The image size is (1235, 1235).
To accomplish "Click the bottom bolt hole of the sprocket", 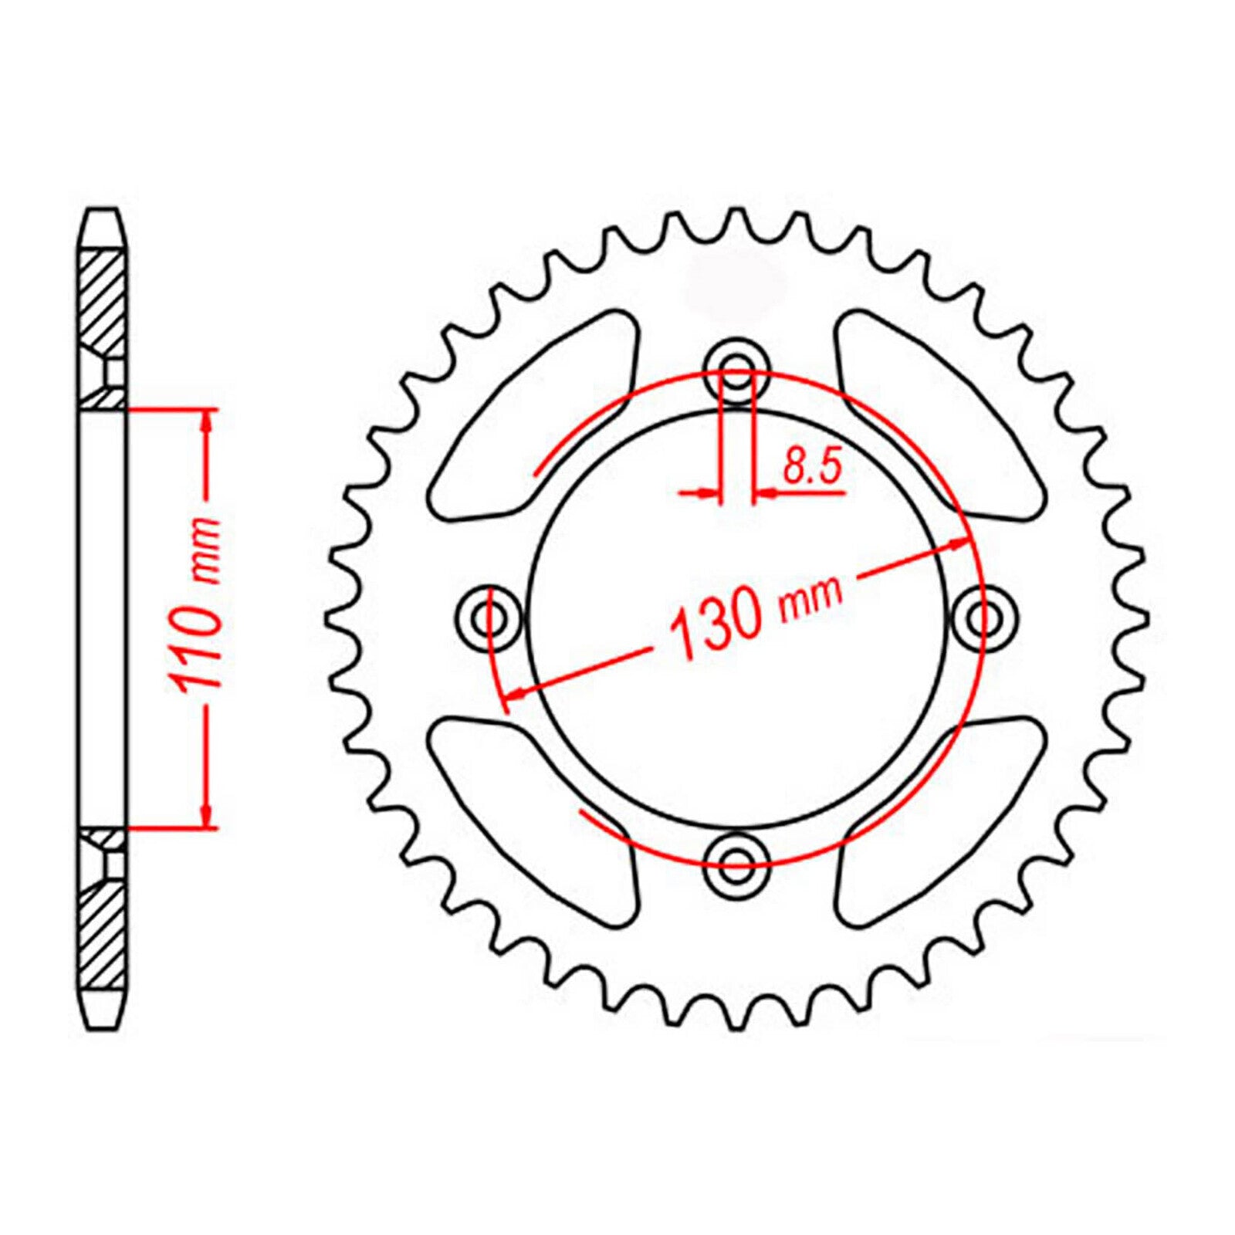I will coord(737,859).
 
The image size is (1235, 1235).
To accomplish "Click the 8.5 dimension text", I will coord(811,466).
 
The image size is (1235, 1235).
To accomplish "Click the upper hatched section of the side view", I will coord(101,301).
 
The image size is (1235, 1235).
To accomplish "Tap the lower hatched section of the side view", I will coord(101,934).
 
